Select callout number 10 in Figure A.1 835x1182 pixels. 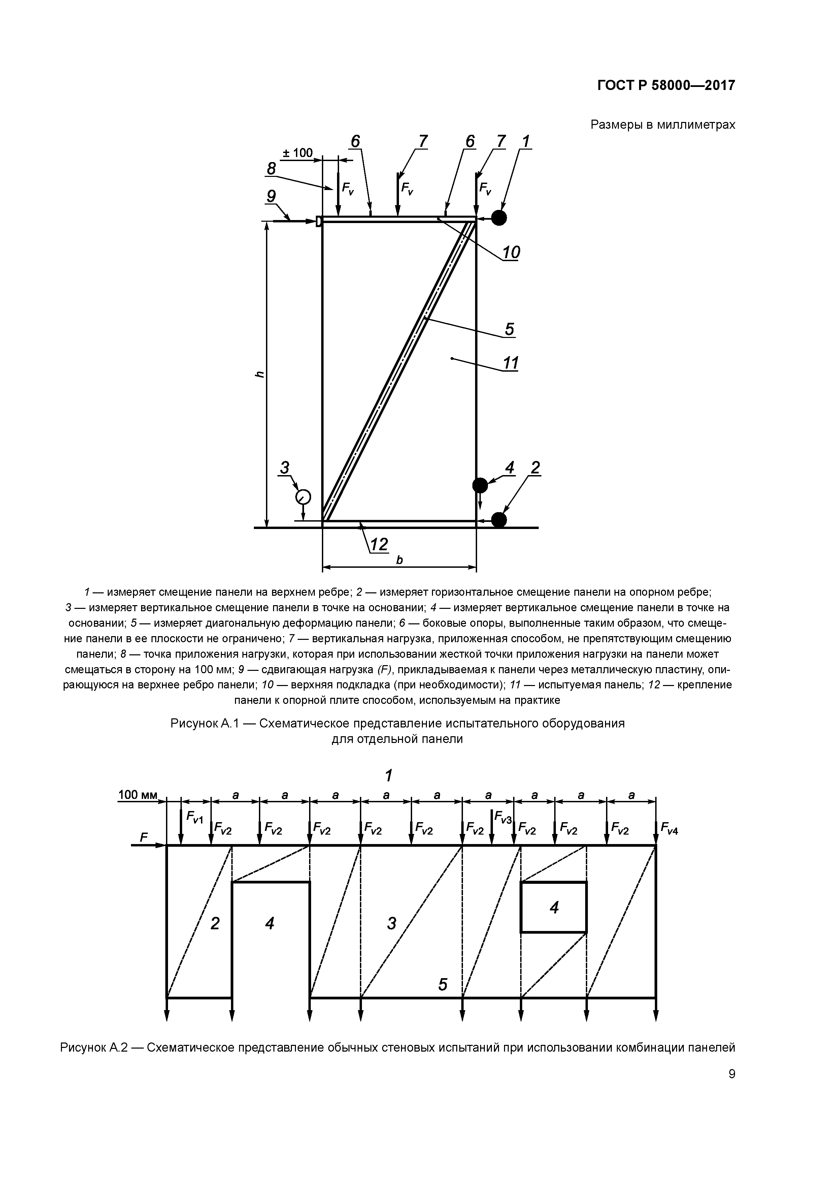[511, 252]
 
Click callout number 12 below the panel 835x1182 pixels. [379, 544]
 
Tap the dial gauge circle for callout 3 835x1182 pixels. [303, 497]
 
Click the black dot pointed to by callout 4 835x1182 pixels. [480, 485]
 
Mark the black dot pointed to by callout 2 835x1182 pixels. [499, 520]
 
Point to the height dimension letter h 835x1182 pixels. [260, 374]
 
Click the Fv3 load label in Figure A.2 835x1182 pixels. [503, 816]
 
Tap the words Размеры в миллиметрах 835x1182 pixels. [663, 125]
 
